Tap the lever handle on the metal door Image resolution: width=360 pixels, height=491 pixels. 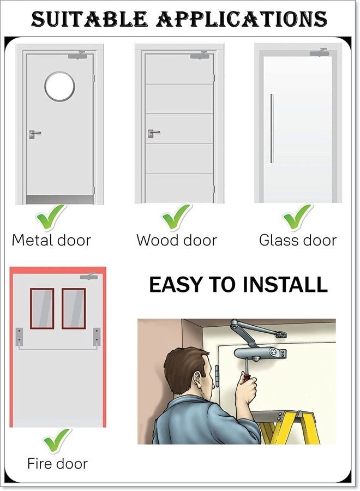[x=35, y=134]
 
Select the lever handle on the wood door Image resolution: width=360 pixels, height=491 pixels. [x=154, y=134]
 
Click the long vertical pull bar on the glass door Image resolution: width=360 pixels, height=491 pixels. [x=272, y=128]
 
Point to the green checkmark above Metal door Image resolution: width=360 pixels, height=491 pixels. [x=51, y=217]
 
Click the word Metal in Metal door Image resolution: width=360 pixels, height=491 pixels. [x=32, y=241]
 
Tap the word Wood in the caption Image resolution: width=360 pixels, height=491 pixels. [x=158, y=241]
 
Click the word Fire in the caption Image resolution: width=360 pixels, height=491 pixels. [x=39, y=463]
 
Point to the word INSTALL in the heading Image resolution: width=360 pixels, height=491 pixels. [x=285, y=284]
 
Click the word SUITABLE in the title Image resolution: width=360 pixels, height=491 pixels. [x=89, y=19]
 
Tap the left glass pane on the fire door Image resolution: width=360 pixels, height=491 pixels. [x=42, y=308]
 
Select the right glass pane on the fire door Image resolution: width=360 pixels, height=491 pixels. [x=74, y=308]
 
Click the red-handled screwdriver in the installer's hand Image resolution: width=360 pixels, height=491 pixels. [x=247, y=369]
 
